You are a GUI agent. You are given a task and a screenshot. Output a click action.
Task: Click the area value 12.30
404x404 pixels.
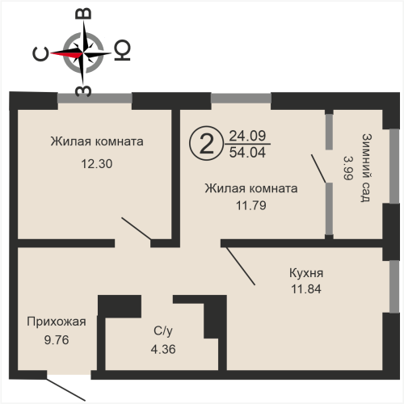coord(97,164)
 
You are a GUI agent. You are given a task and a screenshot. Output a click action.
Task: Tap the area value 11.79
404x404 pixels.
coord(251,205)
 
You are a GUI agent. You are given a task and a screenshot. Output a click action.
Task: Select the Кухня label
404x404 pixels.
coord(306,273)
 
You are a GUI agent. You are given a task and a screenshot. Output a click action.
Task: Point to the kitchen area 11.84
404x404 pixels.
coord(306,289)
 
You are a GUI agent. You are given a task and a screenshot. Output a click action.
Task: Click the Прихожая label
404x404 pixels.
coord(57,322)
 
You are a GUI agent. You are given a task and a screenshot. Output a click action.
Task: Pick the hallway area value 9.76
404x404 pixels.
coord(57,340)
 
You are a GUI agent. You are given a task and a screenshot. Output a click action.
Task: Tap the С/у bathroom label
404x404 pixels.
coord(163,330)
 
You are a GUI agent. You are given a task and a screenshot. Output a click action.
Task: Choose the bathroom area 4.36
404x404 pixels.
coord(163,349)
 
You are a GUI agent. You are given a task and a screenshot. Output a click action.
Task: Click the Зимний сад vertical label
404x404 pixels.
coord(366,167)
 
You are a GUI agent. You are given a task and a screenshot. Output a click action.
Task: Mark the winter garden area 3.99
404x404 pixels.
coord(348,168)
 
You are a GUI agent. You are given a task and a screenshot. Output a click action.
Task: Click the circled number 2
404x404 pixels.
coord(207,144)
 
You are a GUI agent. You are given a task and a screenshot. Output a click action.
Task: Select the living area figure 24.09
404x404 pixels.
coord(247,136)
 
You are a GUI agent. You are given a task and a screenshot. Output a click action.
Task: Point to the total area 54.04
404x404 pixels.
coord(247,153)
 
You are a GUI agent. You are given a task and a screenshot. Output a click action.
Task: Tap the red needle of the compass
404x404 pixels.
coord(67,54)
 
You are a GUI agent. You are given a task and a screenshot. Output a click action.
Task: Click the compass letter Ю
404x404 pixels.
coord(123,50)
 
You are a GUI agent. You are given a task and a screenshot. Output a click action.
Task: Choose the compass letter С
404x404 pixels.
coord(40,54)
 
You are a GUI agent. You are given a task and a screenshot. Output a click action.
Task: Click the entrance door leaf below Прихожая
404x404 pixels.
coord(66,389)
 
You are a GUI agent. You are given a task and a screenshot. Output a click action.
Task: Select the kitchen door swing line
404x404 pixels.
coord(241,266)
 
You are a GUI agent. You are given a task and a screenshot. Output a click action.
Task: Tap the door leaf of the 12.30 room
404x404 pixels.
coord(136,229)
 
